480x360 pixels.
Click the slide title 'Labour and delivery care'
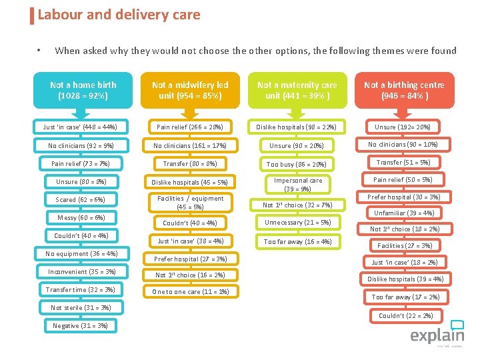119,14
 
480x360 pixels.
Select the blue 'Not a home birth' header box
83,90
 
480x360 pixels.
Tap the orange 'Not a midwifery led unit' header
190,90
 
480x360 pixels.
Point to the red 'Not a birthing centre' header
405,90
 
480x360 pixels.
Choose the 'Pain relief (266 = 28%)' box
190,127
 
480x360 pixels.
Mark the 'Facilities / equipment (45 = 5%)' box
190,203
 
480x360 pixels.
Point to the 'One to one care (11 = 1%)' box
190,292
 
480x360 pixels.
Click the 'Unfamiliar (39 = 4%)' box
404,213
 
